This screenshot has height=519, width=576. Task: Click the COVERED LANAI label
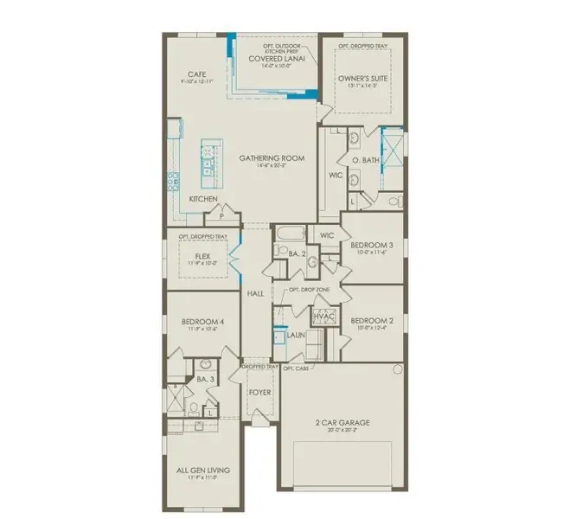[x=274, y=59]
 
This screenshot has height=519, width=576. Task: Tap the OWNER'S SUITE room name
[x=362, y=79]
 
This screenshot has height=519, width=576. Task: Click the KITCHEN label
[x=203, y=199]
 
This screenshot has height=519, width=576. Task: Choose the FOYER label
[x=260, y=392]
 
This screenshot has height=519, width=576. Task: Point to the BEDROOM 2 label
[x=372, y=319]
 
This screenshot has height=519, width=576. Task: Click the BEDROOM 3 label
[x=372, y=245]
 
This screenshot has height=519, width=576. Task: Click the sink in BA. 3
[x=205, y=363]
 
